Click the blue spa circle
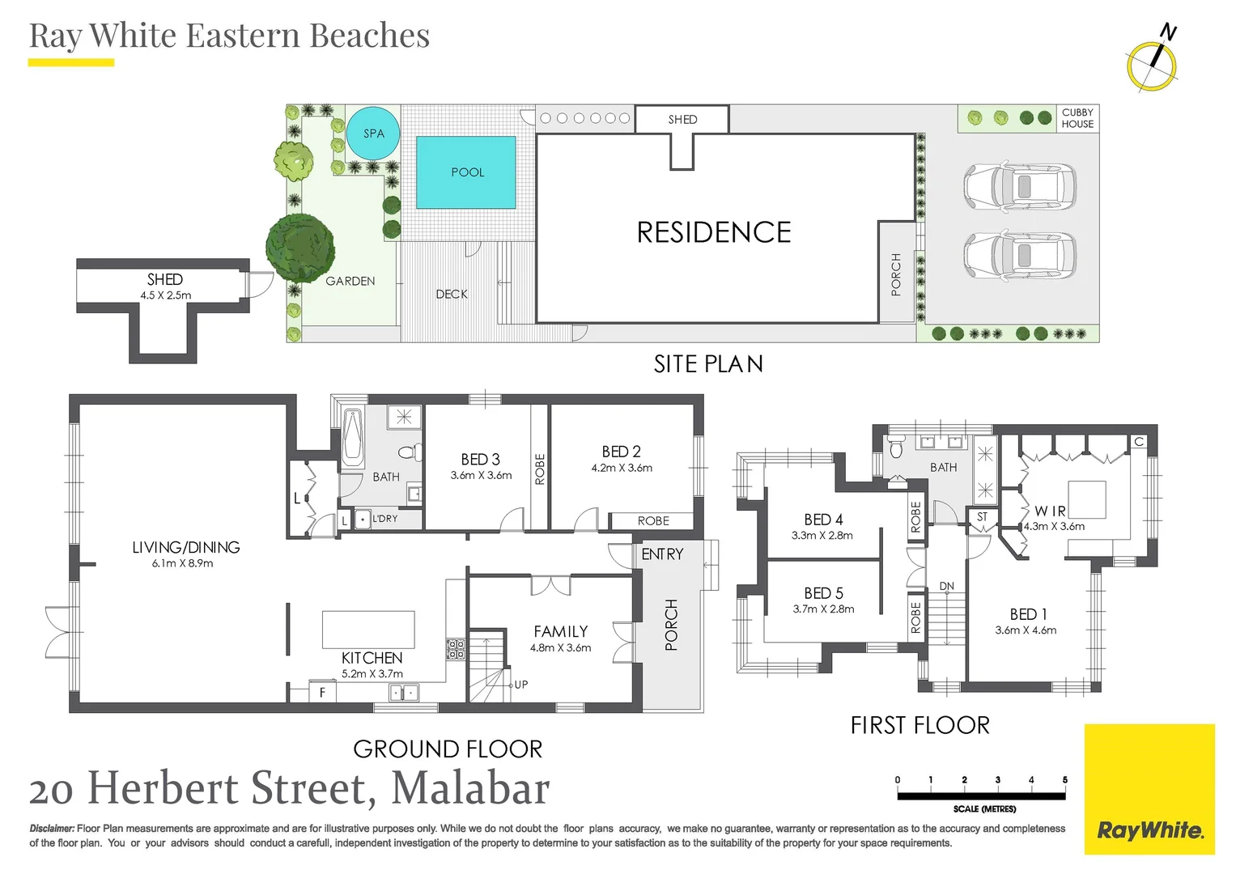click(x=373, y=134)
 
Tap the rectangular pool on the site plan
click(x=466, y=172)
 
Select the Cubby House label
click(x=1077, y=118)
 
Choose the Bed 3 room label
click(x=481, y=459)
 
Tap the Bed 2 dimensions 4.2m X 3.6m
click(x=622, y=468)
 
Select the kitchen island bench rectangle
click(x=368, y=629)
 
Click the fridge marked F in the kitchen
click(x=322, y=693)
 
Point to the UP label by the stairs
click(x=520, y=685)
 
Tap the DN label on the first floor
click(x=946, y=586)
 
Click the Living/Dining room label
click(x=186, y=547)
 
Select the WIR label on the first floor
click(x=1050, y=511)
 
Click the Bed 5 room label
click(x=823, y=593)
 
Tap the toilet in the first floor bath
click(x=895, y=446)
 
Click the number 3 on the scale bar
click(x=997, y=780)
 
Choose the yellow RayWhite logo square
click(x=1149, y=789)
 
